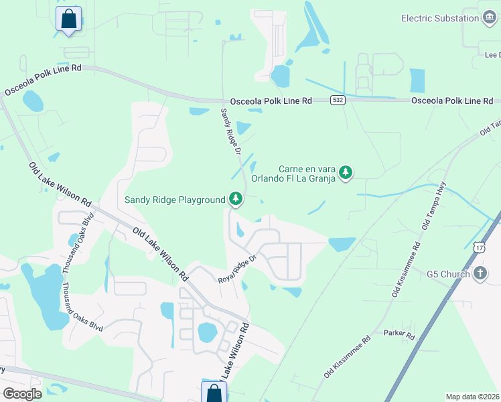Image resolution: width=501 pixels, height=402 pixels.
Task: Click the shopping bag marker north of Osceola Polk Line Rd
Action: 68,19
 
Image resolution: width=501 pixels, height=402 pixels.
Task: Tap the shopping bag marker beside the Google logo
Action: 214,393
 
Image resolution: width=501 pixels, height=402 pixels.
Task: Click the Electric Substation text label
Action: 439,18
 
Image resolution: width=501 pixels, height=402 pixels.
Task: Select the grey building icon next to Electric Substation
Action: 489,18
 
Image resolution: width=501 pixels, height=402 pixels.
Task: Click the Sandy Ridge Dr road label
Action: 230,131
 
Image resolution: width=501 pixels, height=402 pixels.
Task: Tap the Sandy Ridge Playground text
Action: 174,200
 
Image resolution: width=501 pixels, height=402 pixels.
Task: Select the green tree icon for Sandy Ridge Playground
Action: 236,199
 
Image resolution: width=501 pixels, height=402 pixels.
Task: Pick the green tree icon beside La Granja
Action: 346,174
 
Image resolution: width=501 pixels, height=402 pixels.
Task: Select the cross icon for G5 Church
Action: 480,273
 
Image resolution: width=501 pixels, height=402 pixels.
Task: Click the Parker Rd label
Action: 400,333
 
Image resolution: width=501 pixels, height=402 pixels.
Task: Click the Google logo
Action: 22,394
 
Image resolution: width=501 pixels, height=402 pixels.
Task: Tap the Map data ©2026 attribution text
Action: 472,397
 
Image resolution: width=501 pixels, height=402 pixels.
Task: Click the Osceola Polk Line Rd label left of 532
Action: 271,100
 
